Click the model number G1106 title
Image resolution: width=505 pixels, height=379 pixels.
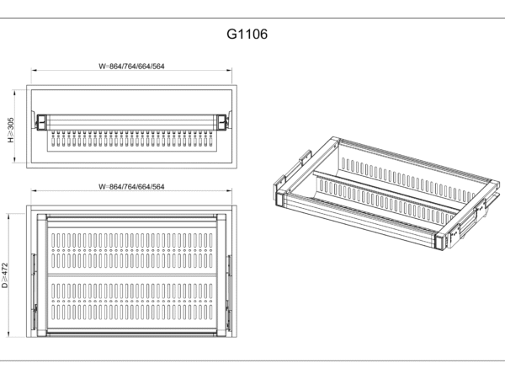(247, 35)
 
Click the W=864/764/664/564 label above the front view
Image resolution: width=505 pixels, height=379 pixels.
(131, 66)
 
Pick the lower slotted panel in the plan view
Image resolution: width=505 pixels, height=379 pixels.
(131, 303)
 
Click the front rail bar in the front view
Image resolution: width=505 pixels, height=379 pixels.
(131, 121)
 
